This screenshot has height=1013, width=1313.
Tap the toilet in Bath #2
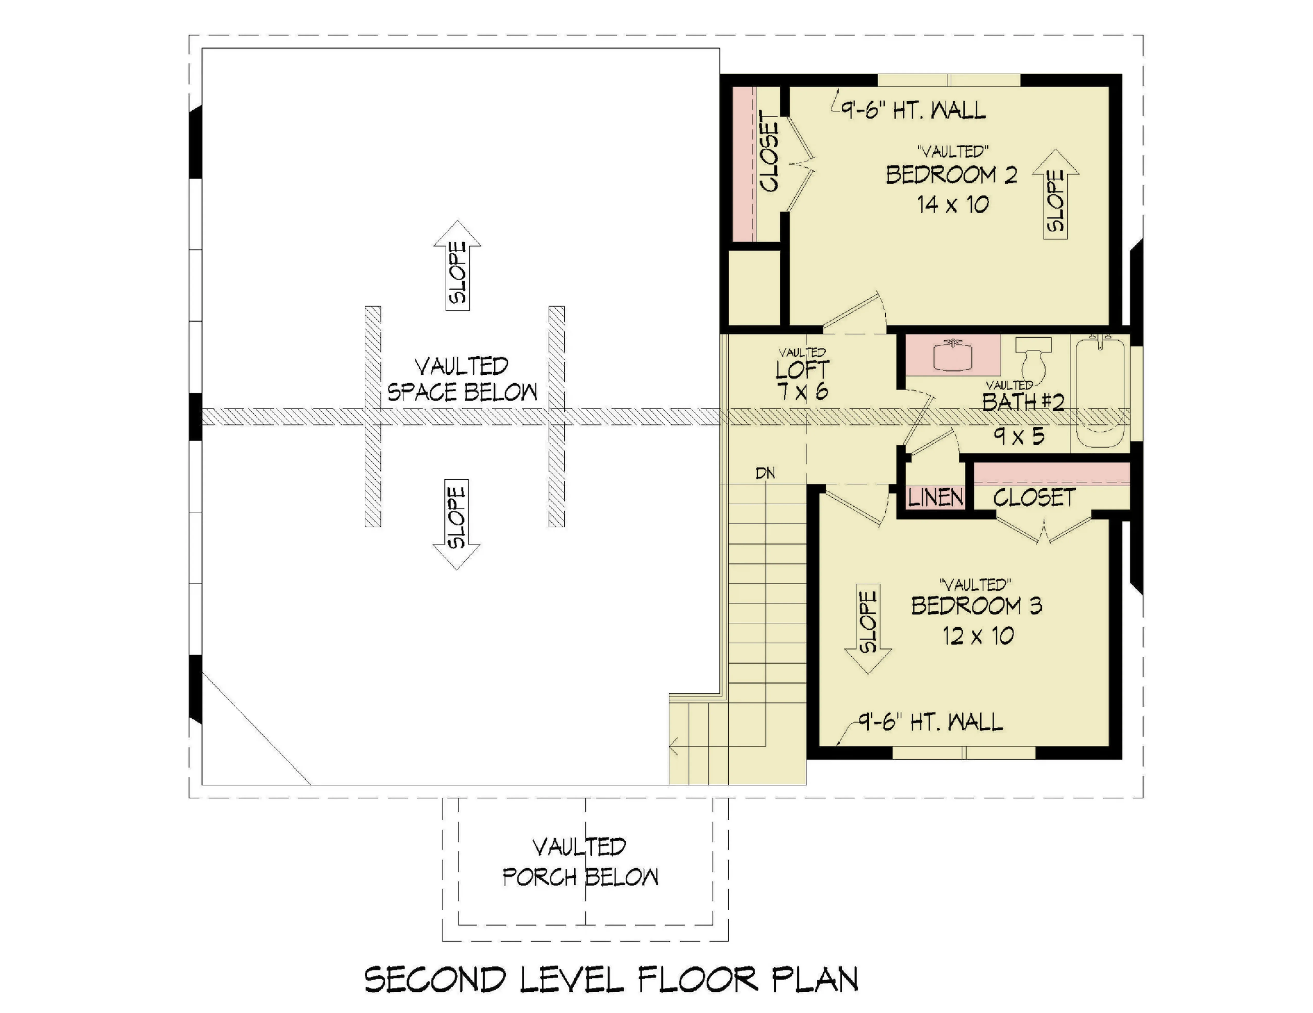1033,358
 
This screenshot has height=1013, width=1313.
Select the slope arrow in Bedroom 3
868,629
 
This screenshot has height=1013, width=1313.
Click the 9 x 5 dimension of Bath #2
1019,436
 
